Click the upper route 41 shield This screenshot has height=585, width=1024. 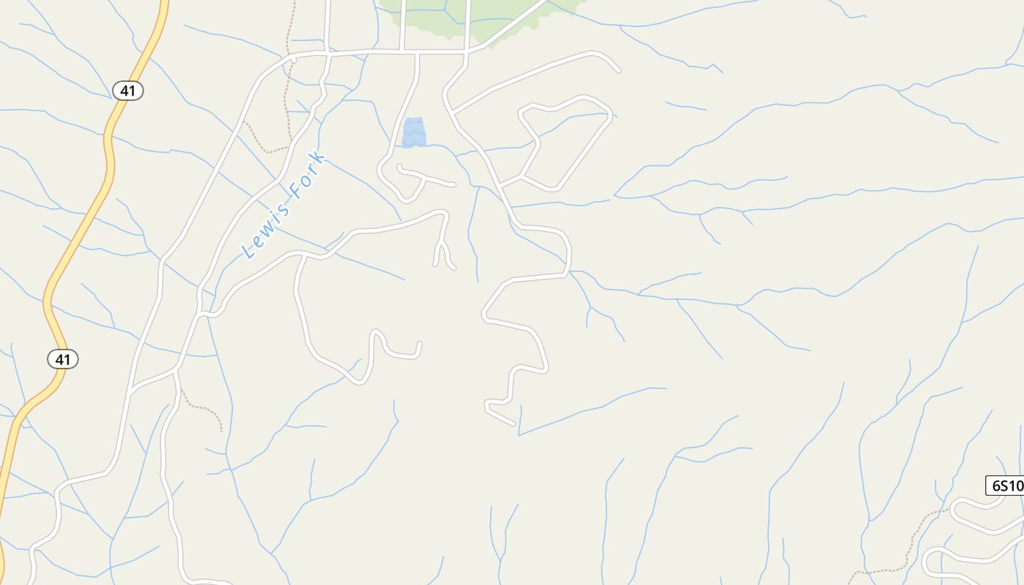(x=128, y=91)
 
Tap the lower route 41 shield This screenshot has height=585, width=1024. (x=63, y=359)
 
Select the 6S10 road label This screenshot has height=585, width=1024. (x=1006, y=486)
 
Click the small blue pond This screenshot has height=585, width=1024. (x=414, y=132)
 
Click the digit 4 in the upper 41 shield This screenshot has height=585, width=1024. (x=124, y=91)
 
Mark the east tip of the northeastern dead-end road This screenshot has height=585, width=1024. (x=619, y=71)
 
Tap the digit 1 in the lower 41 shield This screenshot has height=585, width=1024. (x=68, y=359)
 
